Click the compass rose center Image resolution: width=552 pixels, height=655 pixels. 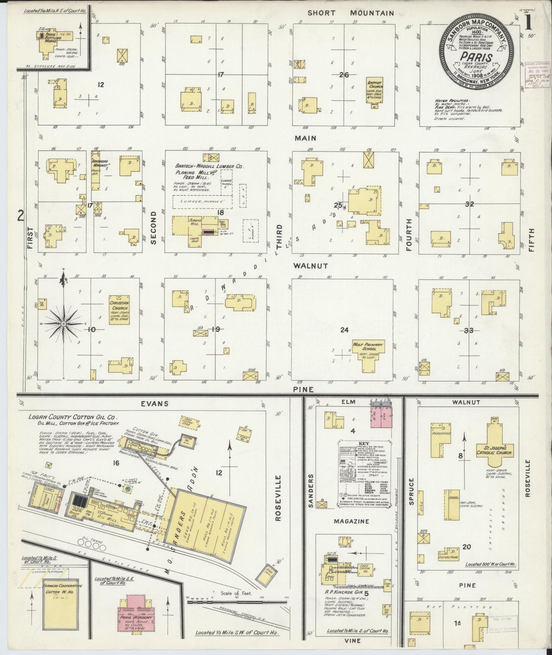[x=63, y=324]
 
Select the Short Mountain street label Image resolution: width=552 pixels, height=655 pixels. [x=351, y=13]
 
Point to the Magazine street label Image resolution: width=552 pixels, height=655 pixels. [x=351, y=521]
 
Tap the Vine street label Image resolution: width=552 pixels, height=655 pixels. [x=352, y=640]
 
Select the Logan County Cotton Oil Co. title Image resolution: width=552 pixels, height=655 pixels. [x=73, y=417]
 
